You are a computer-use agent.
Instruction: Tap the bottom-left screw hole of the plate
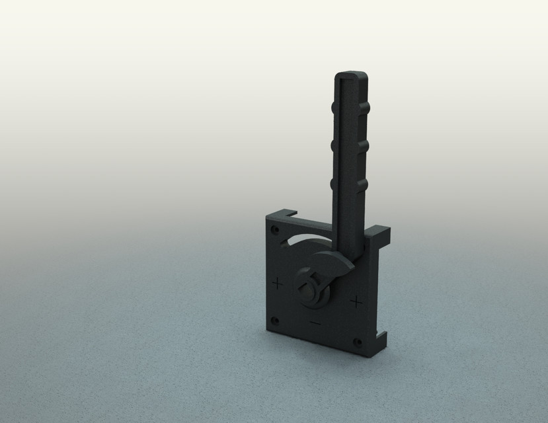pos(276,321)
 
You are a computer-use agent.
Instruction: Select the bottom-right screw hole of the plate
pos(358,342)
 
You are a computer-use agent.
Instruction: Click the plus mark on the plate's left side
pos(277,284)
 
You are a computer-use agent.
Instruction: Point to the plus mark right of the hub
pos(356,303)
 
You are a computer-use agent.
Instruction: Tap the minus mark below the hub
pos(315,323)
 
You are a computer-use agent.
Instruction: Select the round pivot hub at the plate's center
pos(312,289)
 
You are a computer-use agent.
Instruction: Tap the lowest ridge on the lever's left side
pos(332,183)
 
